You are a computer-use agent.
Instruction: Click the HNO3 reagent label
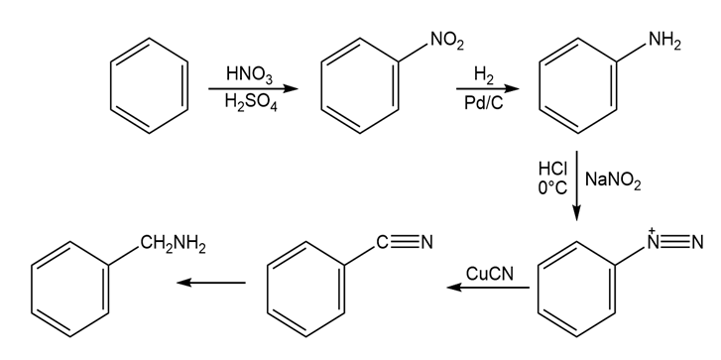click(x=249, y=75)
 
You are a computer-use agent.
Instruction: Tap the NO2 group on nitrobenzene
click(x=447, y=41)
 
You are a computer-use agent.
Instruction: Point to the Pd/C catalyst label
click(x=483, y=103)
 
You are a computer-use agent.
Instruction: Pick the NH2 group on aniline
click(x=664, y=42)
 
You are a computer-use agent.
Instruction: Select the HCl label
click(x=552, y=170)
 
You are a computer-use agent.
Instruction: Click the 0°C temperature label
click(x=552, y=188)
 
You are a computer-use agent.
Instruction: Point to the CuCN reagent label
click(x=490, y=274)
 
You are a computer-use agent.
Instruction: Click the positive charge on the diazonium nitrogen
click(x=652, y=230)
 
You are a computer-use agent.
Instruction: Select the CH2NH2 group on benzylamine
click(x=173, y=245)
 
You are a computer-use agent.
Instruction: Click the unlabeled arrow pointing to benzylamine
click(x=211, y=283)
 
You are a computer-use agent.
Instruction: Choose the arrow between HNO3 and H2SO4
click(x=253, y=88)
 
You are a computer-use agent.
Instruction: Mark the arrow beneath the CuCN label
click(x=488, y=288)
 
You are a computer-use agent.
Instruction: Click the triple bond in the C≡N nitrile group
click(x=406, y=241)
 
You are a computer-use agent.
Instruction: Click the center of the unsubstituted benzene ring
click(x=150, y=86)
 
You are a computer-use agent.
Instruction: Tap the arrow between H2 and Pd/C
click(x=488, y=88)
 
